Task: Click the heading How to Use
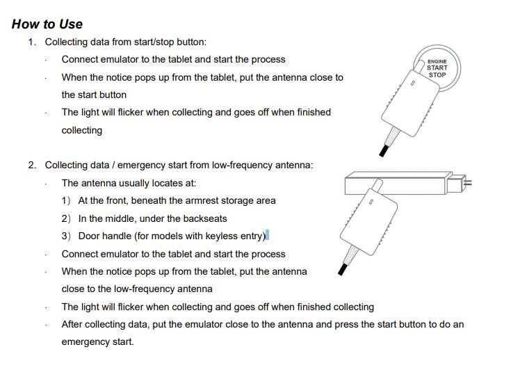[x=47, y=24]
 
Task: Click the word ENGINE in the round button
[x=437, y=61]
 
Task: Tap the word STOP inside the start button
[x=437, y=74]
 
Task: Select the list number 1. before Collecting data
[x=32, y=42]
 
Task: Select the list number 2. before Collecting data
[x=32, y=165]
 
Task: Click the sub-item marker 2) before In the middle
[x=67, y=218]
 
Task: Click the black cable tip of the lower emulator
[x=340, y=271]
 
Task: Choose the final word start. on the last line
[x=122, y=342]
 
